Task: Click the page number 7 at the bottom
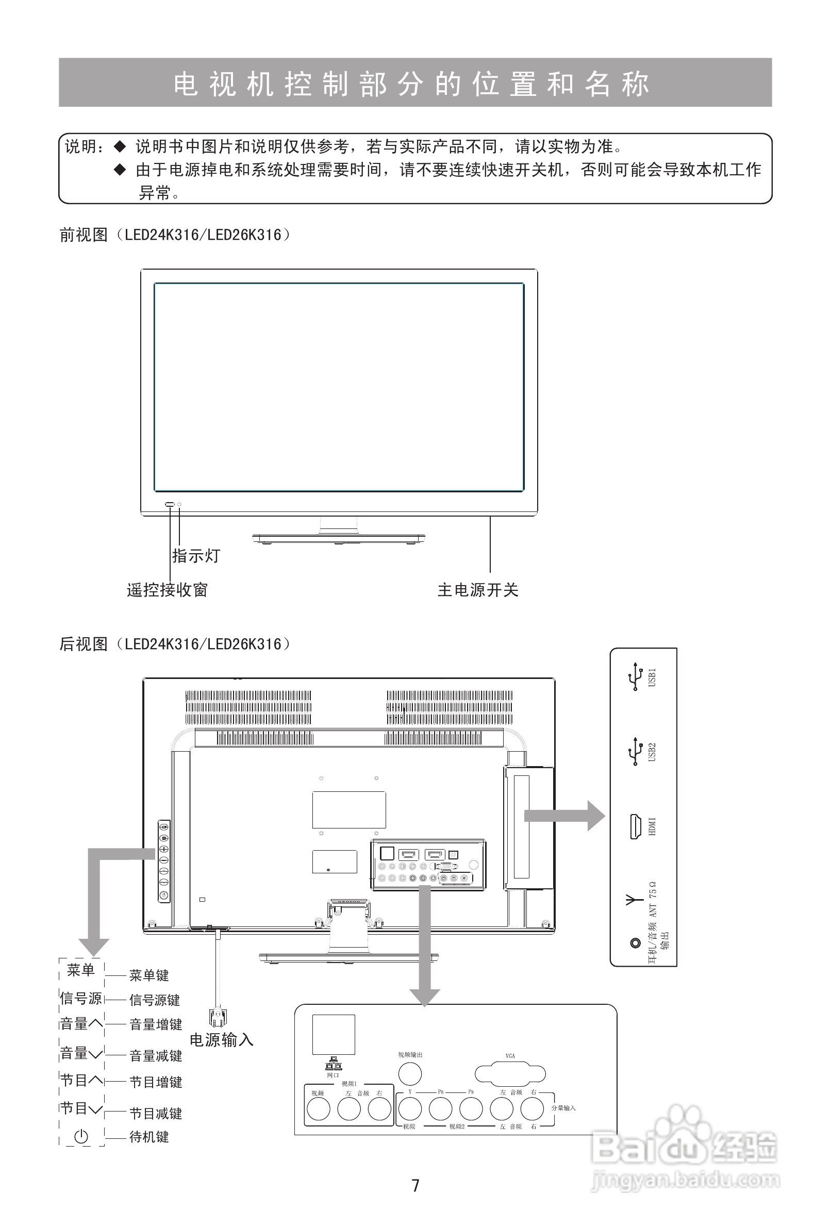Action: (x=415, y=1185)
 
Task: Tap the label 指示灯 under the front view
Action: (x=196, y=555)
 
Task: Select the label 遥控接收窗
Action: (x=168, y=590)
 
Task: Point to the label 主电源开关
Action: (x=478, y=590)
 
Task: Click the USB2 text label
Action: (x=653, y=752)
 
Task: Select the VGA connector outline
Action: (x=510, y=1074)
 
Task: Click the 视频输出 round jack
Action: (x=410, y=1073)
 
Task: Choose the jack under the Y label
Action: (x=410, y=1109)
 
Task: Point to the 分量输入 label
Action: (x=563, y=1108)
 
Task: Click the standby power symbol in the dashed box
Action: (x=81, y=1136)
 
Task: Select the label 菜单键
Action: (x=149, y=975)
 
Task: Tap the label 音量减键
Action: (x=156, y=1055)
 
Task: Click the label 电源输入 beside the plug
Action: (x=222, y=1040)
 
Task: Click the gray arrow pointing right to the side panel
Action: (x=565, y=816)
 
